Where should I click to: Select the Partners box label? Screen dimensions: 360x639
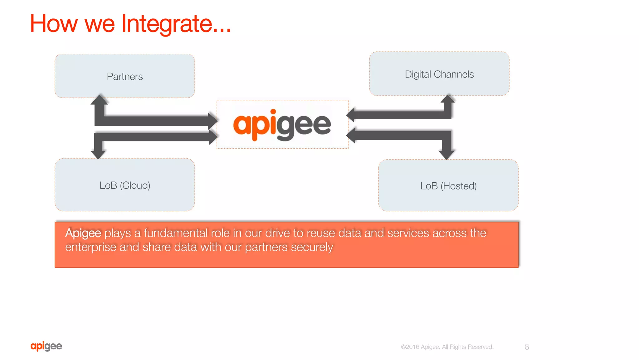pyautogui.click(x=125, y=76)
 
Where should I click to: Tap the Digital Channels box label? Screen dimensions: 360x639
pyautogui.click(x=439, y=74)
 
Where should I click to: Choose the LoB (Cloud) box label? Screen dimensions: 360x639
pyautogui.click(x=125, y=185)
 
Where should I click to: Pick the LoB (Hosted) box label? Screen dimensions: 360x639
pyautogui.click(x=448, y=186)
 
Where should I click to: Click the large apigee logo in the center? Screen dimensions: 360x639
pyautogui.click(x=282, y=125)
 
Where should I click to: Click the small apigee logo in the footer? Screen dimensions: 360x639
pyautogui.click(x=46, y=346)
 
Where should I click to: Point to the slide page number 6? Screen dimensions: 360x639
pyautogui.click(x=527, y=347)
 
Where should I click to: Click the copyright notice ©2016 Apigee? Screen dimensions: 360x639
pyautogui.click(x=420, y=347)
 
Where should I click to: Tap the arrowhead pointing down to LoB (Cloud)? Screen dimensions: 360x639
pyautogui.click(x=98, y=154)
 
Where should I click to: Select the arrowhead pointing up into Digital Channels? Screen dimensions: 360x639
pyautogui.click(x=448, y=99)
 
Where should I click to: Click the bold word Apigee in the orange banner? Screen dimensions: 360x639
pyautogui.click(x=83, y=233)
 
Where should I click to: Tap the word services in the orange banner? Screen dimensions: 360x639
pyautogui.click(x=408, y=233)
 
